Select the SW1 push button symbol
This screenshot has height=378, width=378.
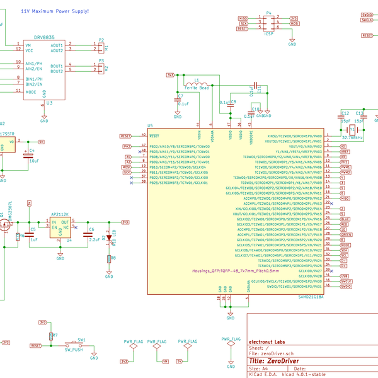pos(81,345)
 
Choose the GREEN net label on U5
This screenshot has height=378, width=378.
pos(345,234)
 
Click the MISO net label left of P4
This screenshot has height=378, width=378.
pos(243,18)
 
